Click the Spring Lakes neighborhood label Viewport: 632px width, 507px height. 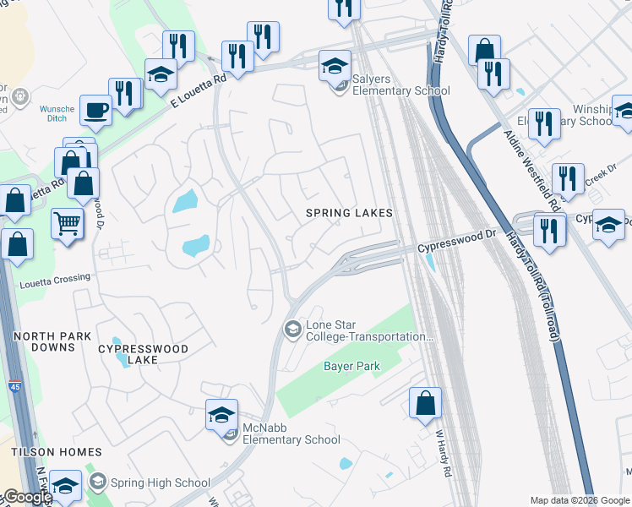coord(349,213)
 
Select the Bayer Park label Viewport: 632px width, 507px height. coord(351,367)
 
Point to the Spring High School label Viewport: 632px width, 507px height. coord(161,482)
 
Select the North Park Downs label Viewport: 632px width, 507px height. coord(52,342)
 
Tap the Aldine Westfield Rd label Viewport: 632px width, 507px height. coord(531,169)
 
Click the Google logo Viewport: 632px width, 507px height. coord(27,497)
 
